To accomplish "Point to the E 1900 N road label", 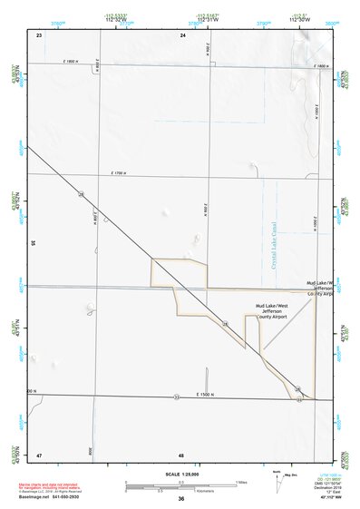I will pyautogui.click(x=72, y=62).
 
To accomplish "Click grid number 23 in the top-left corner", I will pyautogui.click(x=39, y=34).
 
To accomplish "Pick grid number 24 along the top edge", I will pyautogui.click(x=182, y=34).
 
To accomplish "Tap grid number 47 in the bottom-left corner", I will pyautogui.click(x=39, y=454).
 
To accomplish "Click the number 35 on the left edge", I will pyautogui.click(x=33, y=243).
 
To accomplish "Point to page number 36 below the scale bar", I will pyautogui.click(x=180, y=499).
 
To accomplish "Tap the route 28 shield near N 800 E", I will pyautogui.click(x=81, y=194).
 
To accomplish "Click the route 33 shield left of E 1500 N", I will pyautogui.click(x=177, y=396).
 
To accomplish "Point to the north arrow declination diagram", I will pyautogui.click(x=280, y=478).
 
